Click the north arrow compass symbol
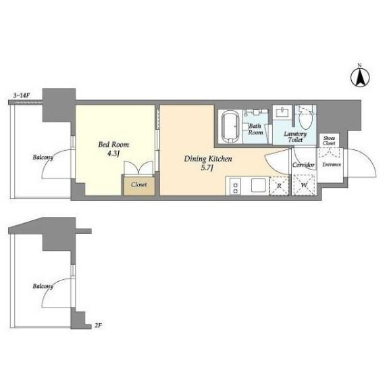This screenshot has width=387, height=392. pyautogui.click(x=360, y=77)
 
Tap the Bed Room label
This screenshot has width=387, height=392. pyautogui.click(x=113, y=145)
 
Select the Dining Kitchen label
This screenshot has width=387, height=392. pyautogui.click(x=208, y=159)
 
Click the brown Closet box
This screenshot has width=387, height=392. pyautogui.click(x=139, y=185)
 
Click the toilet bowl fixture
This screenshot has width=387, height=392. pyautogui.click(x=306, y=121)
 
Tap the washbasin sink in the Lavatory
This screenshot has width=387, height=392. pyautogui.click(x=282, y=112)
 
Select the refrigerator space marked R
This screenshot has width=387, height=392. pyautogui.click(x=279, y=186)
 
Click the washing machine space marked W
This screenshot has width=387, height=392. pyautogui.click(x=304, y=185)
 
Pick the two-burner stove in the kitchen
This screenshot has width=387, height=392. pyautogui.click(x=235, y=187)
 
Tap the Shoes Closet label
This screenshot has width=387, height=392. pyautogui.click(x=329, y=141)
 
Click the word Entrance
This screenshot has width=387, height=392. pyautogui.click(x=332, y=164)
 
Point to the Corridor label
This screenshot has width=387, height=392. pyautogui.click(x=303, y=165)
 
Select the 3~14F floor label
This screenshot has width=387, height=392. pyautogui.click(x=21, y=95)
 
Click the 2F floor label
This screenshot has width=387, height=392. pyautogui.click(x=98, y=326)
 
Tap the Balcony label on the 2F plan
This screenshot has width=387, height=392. pyautogui.click(x=43, y=286)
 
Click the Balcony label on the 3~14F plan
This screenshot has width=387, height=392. pyautogui.click(x=43, y=157)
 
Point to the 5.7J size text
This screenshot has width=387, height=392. pyautogui.click(x=207, y=168)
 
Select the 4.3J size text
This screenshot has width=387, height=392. pyautogui.click(x=113, y=153)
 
